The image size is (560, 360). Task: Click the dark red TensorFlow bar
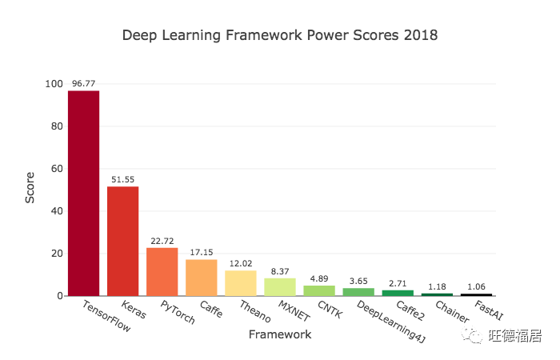83,193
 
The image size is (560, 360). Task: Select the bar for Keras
122,241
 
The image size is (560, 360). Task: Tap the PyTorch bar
162,271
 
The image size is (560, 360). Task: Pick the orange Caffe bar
201,277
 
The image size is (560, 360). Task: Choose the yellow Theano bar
240,282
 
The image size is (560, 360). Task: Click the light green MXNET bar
279,286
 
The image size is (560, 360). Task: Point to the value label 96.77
83,82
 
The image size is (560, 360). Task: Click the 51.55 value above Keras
122,178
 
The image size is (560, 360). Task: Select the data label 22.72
162,239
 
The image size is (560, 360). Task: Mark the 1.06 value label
476,285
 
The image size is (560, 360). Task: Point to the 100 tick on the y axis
54,84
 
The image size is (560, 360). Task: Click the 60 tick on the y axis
57,169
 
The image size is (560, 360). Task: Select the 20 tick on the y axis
57,254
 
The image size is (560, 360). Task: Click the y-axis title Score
30,189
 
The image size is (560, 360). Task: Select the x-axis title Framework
279,334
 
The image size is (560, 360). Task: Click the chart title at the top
279,36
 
